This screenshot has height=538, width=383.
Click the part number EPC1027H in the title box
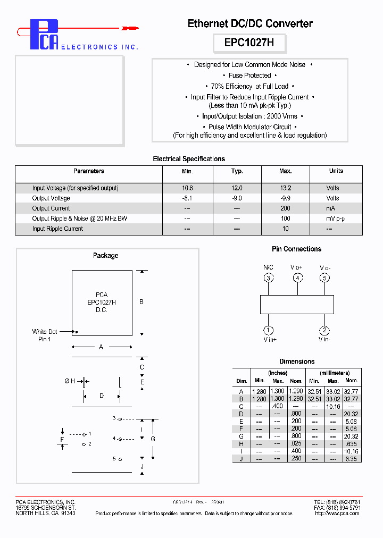click(249, 43)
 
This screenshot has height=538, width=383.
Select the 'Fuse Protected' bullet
click(249, 75)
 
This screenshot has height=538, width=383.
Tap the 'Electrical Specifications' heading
click(189, 159)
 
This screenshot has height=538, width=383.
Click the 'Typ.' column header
click(237, 171)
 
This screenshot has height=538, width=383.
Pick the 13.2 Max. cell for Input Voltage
click(286, 188)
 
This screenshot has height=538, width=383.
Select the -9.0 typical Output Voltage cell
click(237, 198)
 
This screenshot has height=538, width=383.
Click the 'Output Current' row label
click(51, 208)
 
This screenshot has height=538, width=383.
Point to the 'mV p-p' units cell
click(336, 218)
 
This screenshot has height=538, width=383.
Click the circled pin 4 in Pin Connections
click(298, 278)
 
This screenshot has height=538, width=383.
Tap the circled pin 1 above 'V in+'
click(269, 330)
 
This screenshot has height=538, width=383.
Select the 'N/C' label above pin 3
click(269, 267)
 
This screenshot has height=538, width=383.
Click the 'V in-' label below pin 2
click(325, 339)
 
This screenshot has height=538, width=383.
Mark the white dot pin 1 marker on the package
click(77, 332)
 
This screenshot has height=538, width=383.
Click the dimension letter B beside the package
click(141, 302)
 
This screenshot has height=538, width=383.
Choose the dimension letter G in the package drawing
click(153, 439)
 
